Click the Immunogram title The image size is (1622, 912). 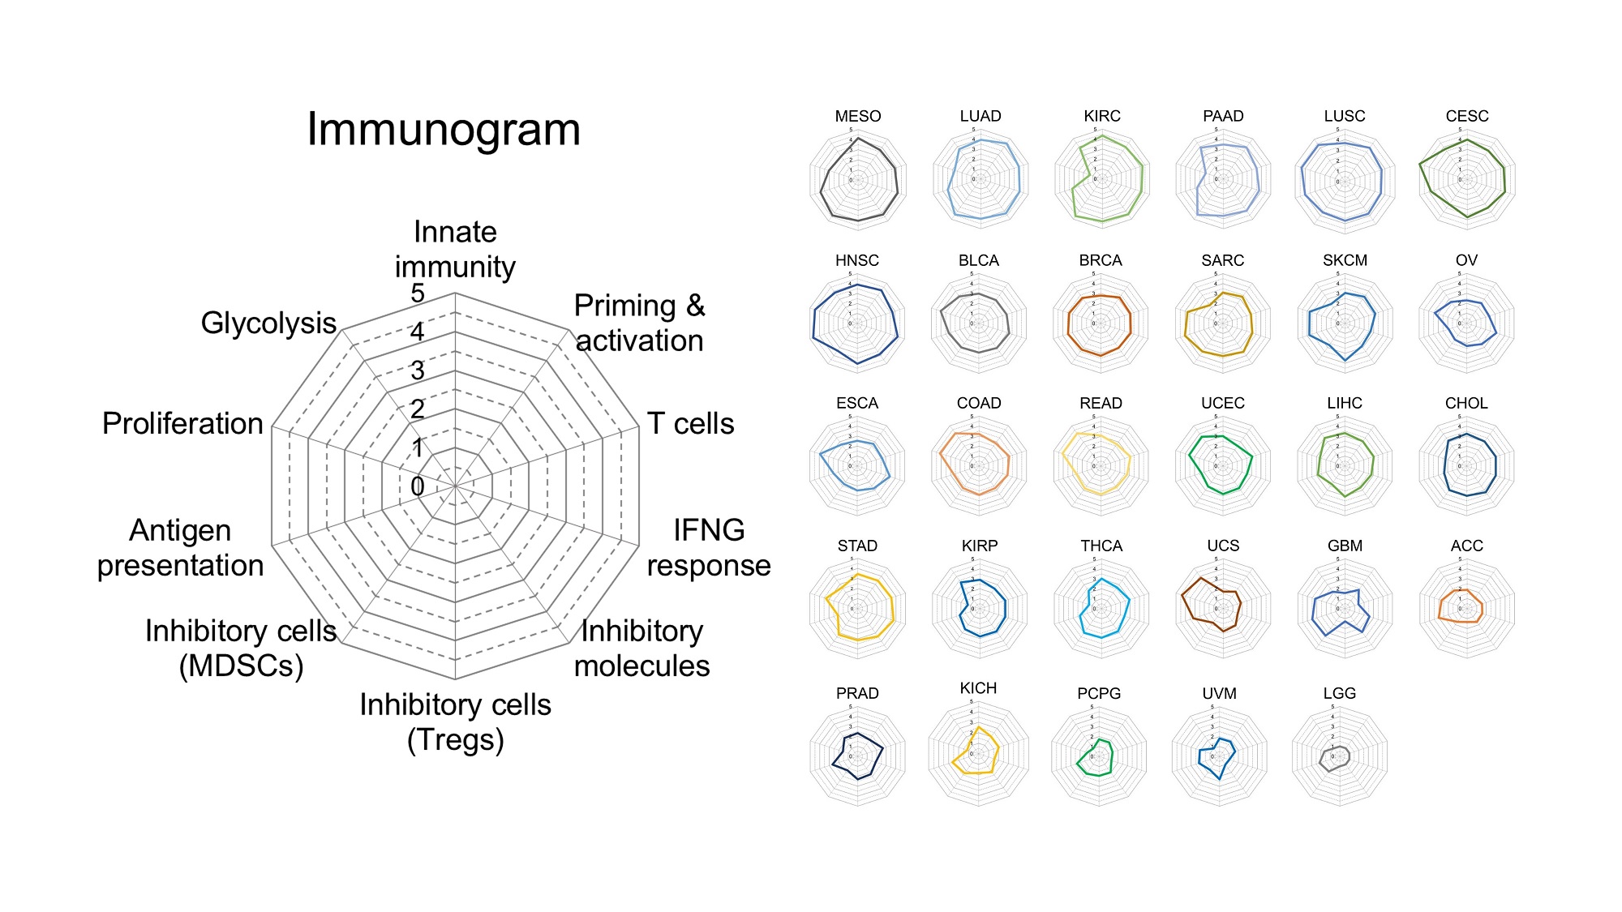pos(444,130)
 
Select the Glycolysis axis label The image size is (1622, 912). pos(268,323)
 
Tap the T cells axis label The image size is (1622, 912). pos(690,423)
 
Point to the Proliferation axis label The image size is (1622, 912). pos(182,423)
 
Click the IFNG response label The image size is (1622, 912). pos(708,547)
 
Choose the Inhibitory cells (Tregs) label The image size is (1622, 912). pos(455,721)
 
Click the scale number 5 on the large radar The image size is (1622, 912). pos(418,293)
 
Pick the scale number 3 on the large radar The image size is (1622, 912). pos(418,370)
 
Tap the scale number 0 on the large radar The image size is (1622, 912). pos(418,486)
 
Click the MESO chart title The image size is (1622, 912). pos(858,116)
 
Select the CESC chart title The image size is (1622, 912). pos(1467,116)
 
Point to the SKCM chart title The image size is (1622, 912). pos(1345,260)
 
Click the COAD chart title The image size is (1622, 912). pos(979,403)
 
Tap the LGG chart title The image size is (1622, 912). pos(1339,693)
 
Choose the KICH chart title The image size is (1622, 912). pos(978,688)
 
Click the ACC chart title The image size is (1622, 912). pos(1466,546)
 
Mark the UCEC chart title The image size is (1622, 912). pos(1222,403)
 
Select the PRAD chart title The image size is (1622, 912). pos(857,693)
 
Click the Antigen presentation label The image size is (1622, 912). pos(180,547)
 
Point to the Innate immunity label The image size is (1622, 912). pos(455,249)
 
